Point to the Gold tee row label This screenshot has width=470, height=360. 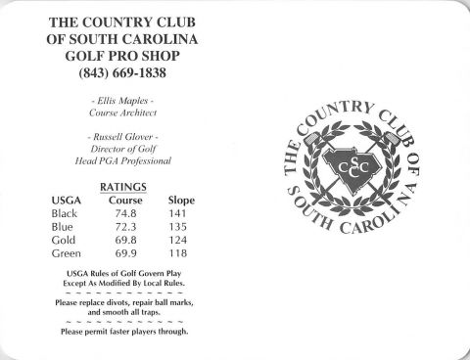pos(65,241)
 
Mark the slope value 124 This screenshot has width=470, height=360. pos(180,241)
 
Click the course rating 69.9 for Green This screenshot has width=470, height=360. pos(124,254)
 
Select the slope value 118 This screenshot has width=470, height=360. pos(180,254)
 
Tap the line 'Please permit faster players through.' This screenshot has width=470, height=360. pos(123,331)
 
